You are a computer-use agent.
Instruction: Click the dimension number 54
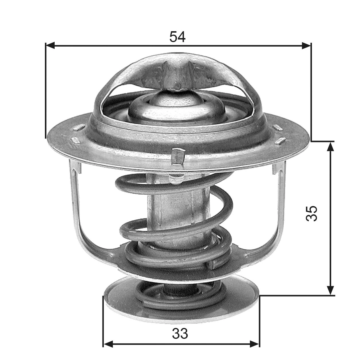coord(177,37)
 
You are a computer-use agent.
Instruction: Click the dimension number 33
coord(180,333)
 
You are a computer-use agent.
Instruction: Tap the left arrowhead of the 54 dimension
coord(50,45)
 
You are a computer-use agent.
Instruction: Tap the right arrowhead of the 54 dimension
coord(306,45)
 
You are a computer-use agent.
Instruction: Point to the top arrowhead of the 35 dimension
coord(331,146)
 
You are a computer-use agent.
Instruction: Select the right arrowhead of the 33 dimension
coord(254,343)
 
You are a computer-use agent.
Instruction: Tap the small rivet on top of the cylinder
coord(175,179)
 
